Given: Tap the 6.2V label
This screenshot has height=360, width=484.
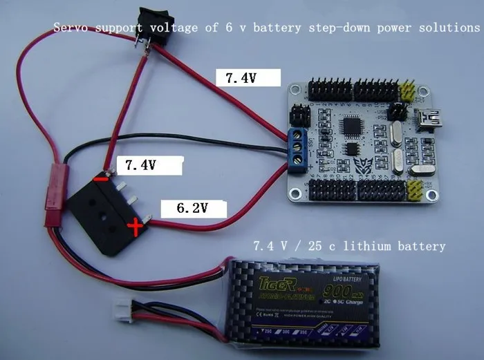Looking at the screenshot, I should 185,207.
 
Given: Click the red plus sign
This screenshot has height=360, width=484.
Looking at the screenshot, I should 136,227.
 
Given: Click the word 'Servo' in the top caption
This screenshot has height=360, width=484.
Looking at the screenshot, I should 71,28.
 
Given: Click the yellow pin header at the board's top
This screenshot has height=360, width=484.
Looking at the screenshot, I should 408,90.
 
